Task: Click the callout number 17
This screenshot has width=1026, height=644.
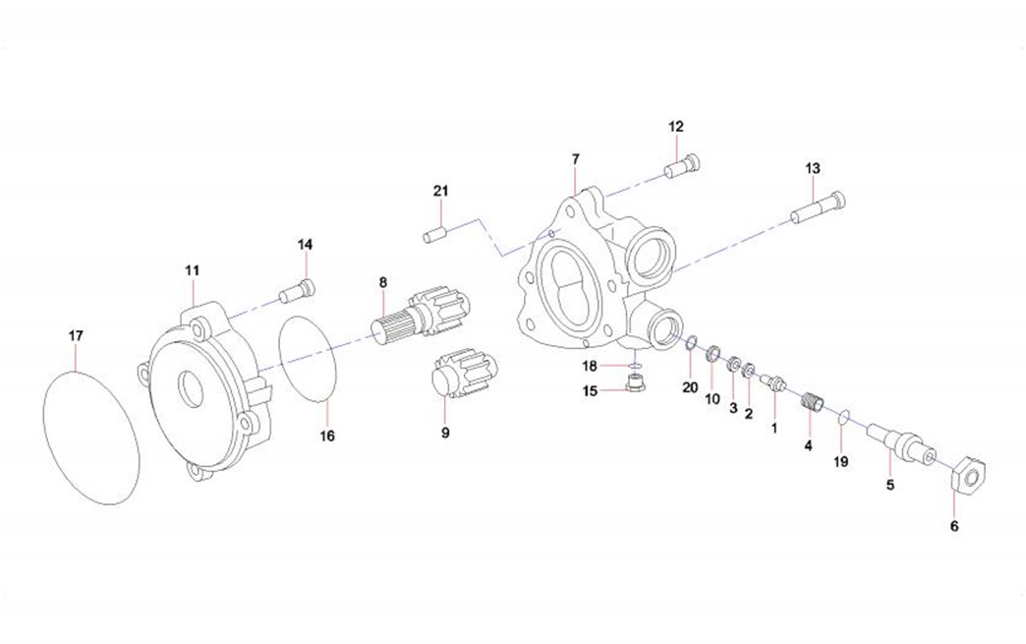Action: [x=76, y=336]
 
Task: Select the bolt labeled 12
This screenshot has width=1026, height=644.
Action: [x=683, y=166]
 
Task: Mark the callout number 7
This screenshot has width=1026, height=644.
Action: [x=576, y=158]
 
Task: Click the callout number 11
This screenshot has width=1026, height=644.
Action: [x=192, y=269]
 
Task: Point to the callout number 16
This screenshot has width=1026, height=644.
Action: [x=327, y=435]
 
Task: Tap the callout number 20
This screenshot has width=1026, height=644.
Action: [x=691, y=387]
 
